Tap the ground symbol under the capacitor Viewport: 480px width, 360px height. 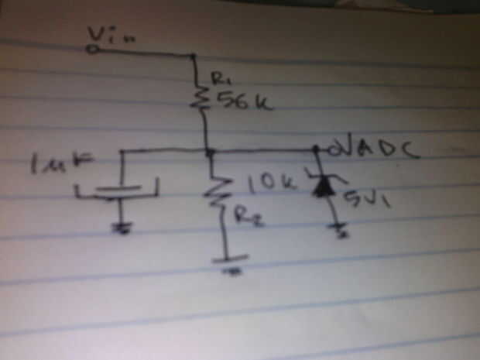122,228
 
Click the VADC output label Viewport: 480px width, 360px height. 380,146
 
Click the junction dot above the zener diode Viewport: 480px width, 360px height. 317,149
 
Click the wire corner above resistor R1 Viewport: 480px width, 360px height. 193,55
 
